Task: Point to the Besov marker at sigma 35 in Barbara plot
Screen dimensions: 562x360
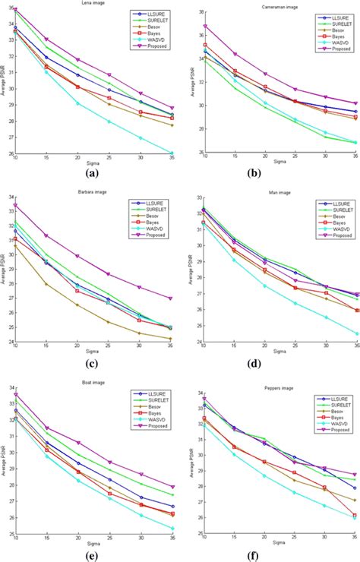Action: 172,338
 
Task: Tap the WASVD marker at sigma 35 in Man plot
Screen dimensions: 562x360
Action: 357,333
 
